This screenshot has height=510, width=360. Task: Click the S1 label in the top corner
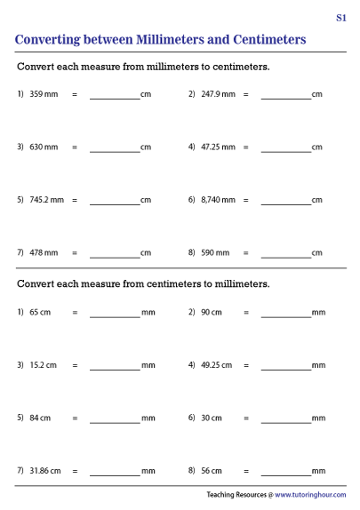(x=341, y=17)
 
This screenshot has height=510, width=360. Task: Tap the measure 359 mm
(x=44, y=93)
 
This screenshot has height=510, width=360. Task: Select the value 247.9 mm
(x=218, y=93)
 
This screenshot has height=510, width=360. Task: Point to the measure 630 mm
(x=44, y=147)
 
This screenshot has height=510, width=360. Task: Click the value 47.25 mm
(x=218, y=147)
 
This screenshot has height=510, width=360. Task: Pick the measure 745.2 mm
(x=46, y=200)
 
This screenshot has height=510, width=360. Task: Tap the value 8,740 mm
(x=218, y=200)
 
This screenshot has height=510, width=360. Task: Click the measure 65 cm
(x=40, y=312)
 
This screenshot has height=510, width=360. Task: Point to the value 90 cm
(x=212, y=312)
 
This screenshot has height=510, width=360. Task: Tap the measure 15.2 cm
(x=43, y=365)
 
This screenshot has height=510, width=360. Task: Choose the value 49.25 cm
(x=216, y=365)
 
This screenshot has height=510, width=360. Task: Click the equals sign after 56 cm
(x=246, y=471)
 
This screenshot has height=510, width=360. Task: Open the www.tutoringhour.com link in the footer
(x=310, y=495)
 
